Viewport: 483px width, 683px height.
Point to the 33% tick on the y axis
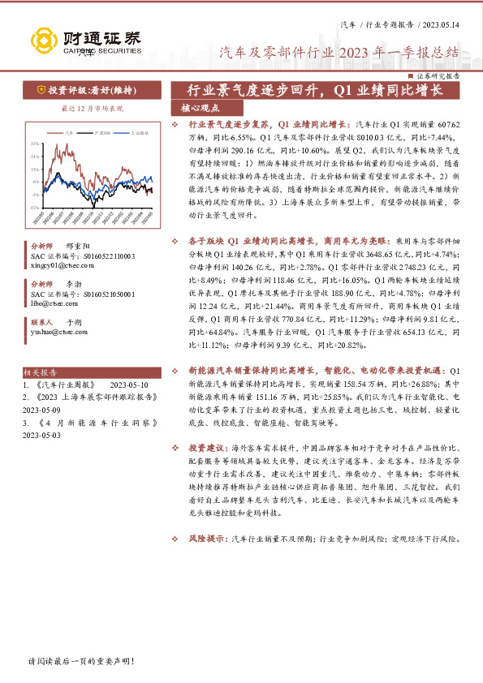click(35, 143)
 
